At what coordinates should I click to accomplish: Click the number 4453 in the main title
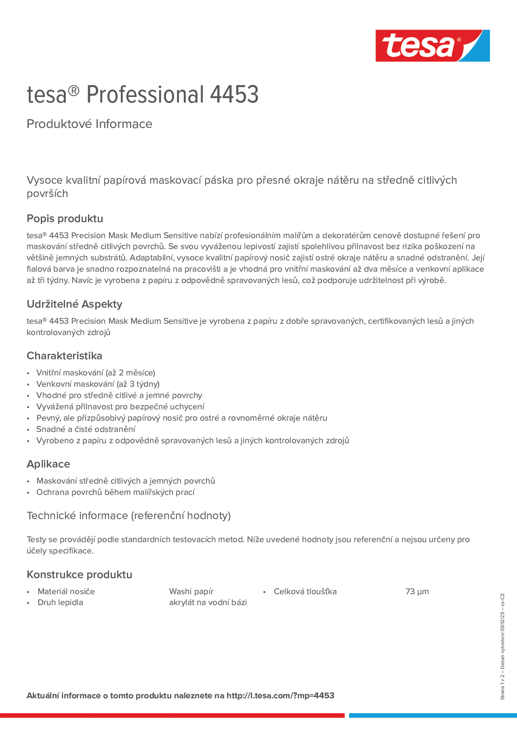pos(234,95)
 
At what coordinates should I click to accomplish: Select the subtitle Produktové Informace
pos(89,124)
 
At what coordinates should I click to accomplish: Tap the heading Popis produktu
pos(65,218)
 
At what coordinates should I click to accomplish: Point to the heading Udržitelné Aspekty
pos(74,304)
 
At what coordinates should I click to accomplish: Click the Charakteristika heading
pos(64,356)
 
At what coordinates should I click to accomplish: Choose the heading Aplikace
pos(48,464)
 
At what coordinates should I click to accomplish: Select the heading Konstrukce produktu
pos(79,574)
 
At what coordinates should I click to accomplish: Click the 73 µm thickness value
pos(417,591)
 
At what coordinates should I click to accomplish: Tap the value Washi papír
pos(191,591)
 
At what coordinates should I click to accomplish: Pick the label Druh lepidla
pos(60,602)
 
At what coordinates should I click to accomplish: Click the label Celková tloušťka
pos(305,591)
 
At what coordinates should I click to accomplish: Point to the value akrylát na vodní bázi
pos(208,602)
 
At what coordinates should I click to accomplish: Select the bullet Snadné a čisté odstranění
pos(86,429)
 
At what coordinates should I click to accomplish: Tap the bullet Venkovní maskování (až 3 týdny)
pos(98,384)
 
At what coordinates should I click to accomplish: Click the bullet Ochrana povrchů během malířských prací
pos(115,492)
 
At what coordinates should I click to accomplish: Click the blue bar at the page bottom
pos(433,715)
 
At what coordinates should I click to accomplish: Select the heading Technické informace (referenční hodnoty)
pos(128,515)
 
